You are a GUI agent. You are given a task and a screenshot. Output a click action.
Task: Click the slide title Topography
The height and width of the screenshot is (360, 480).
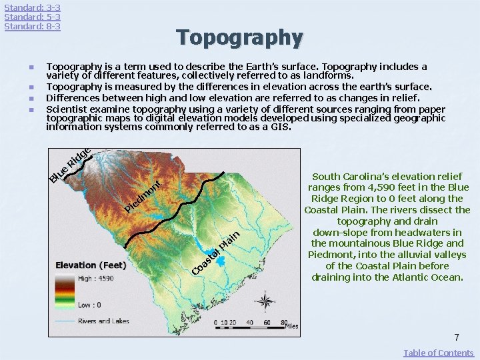(x=239, y=37)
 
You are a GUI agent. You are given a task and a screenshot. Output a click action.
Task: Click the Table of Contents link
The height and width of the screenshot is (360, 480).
(x=439, y=353)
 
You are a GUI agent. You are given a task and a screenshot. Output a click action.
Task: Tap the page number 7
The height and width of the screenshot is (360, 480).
(x=457, y=338)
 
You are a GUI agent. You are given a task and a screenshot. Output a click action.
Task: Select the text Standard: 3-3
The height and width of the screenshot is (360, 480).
(x=32, y=7)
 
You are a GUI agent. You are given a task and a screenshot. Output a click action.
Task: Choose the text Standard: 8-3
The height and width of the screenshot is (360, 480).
(x=32, y=26)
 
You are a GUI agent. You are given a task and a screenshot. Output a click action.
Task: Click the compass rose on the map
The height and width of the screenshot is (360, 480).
(x=265, y=301)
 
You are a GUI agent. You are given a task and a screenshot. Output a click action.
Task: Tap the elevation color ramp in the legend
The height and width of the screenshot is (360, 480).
(x=65, y=291)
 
